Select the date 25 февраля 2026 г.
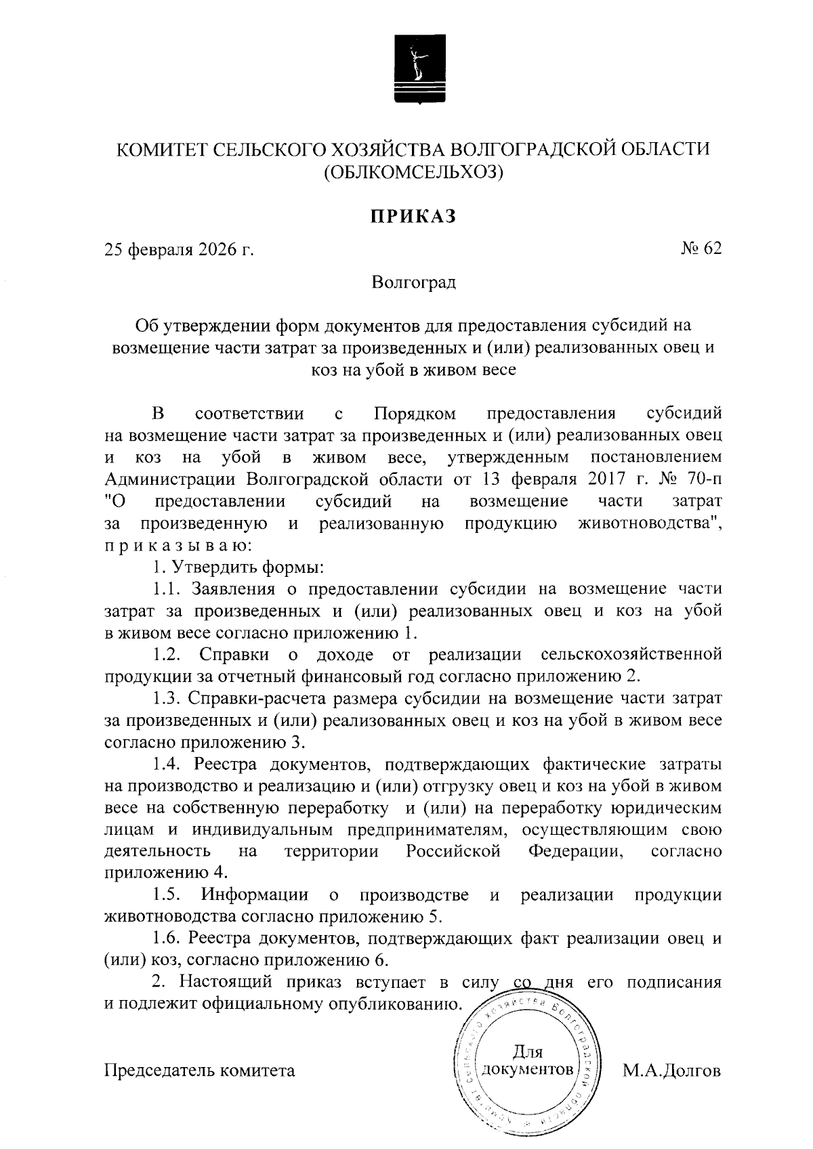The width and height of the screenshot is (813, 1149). [179, 250]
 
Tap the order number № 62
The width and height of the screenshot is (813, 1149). [701, 248]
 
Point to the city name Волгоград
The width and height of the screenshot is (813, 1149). [413, 282]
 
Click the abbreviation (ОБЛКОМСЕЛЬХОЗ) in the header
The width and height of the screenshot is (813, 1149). [413, 173]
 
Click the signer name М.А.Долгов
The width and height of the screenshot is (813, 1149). [671, 1070]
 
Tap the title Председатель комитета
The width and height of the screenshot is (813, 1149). [200, 1070]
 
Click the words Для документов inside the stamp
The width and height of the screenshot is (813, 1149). [527, 1061]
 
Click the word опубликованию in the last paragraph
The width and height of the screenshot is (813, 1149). [391, 1003]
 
